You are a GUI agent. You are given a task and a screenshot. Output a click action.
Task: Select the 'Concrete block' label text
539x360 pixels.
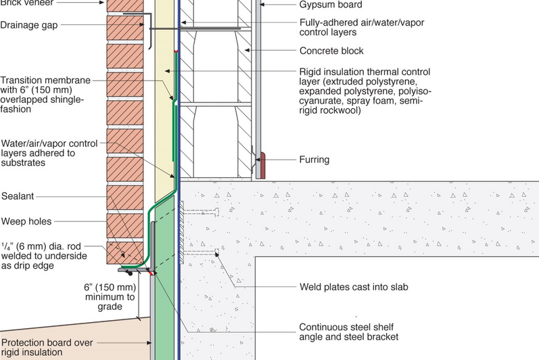coord(331,51)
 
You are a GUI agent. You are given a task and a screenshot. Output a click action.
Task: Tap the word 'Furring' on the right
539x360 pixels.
coord(314,160)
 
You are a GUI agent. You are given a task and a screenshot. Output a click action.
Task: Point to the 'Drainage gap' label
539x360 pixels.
coord(28,26)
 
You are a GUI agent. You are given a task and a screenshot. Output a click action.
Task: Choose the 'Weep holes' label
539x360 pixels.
coord(26,221)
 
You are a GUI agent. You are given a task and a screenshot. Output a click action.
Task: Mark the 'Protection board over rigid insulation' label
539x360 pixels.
coord(47,346)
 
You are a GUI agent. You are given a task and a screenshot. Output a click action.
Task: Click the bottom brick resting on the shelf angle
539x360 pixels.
coord(124,254)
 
